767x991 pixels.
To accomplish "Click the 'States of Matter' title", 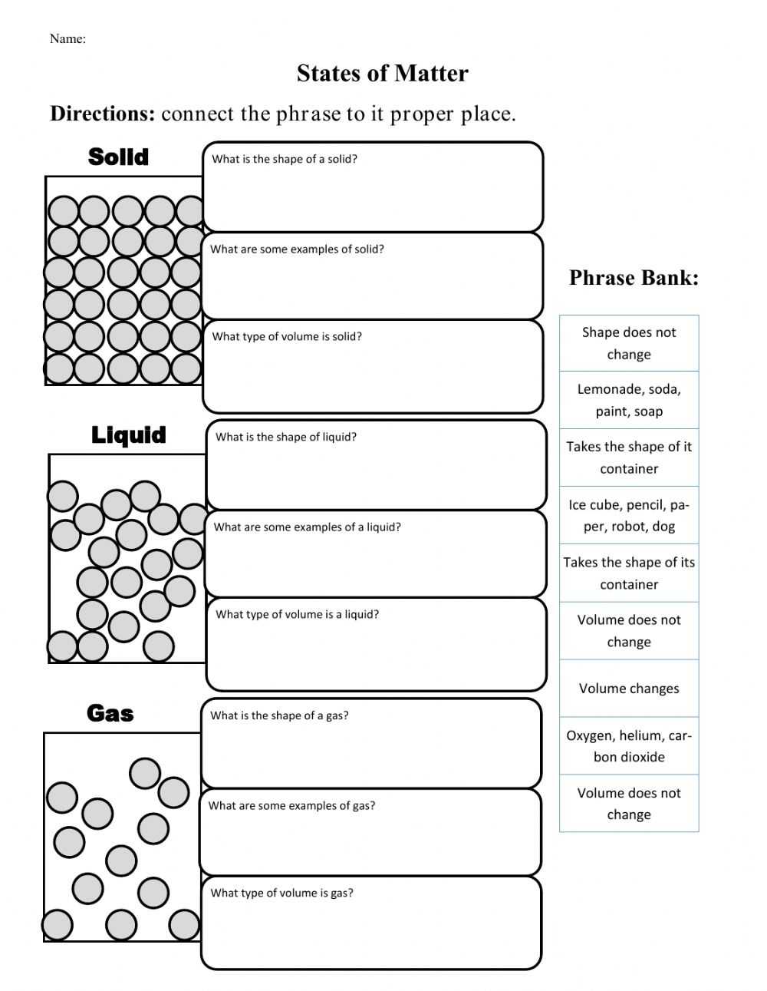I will pos(382,74).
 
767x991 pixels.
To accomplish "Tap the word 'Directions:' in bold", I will pos(103,114).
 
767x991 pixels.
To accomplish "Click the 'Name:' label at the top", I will pos(67,39).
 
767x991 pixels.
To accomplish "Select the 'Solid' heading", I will pos(118,157).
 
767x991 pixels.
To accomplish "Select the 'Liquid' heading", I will pos(128,435).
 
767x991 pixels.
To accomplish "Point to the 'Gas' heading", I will pos(110,714).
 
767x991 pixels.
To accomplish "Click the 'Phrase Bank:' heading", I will pos(634,278).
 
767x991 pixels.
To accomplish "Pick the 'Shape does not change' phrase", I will pos(629,343).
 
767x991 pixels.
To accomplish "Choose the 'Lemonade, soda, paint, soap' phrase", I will pos(629,400).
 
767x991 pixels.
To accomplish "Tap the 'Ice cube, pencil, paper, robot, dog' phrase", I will pos(629,516).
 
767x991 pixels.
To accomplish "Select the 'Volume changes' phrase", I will pos(629,689).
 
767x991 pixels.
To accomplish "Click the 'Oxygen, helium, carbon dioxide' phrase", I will pos(629,746).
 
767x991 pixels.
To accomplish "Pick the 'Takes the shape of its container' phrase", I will pos(629,573).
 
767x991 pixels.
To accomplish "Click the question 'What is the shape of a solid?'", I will pos(285,160).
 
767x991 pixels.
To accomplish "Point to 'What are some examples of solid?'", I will pos(297,249).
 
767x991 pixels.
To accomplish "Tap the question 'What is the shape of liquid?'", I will pos(286,438).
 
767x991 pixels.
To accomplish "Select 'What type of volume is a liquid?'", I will pos(298,615).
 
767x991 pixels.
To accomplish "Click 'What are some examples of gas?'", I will pos(291,806).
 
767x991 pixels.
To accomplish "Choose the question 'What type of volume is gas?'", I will pos(282,894).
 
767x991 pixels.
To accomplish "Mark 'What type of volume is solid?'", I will pos(287,337).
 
